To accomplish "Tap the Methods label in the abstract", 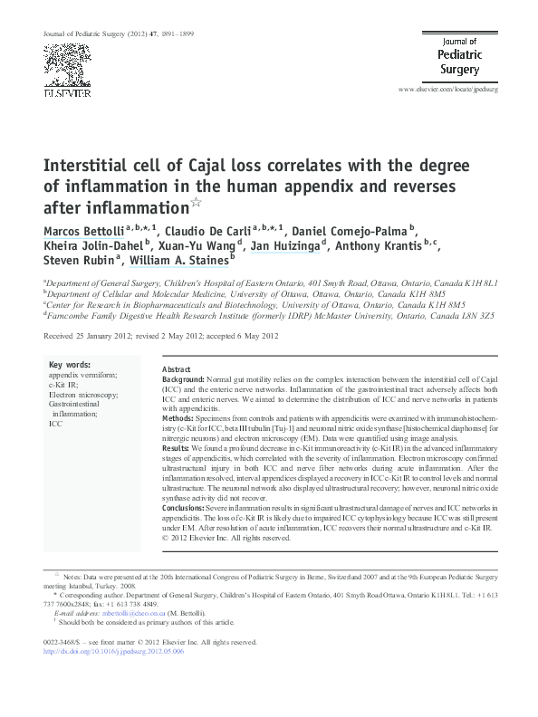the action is pos(178,419).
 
